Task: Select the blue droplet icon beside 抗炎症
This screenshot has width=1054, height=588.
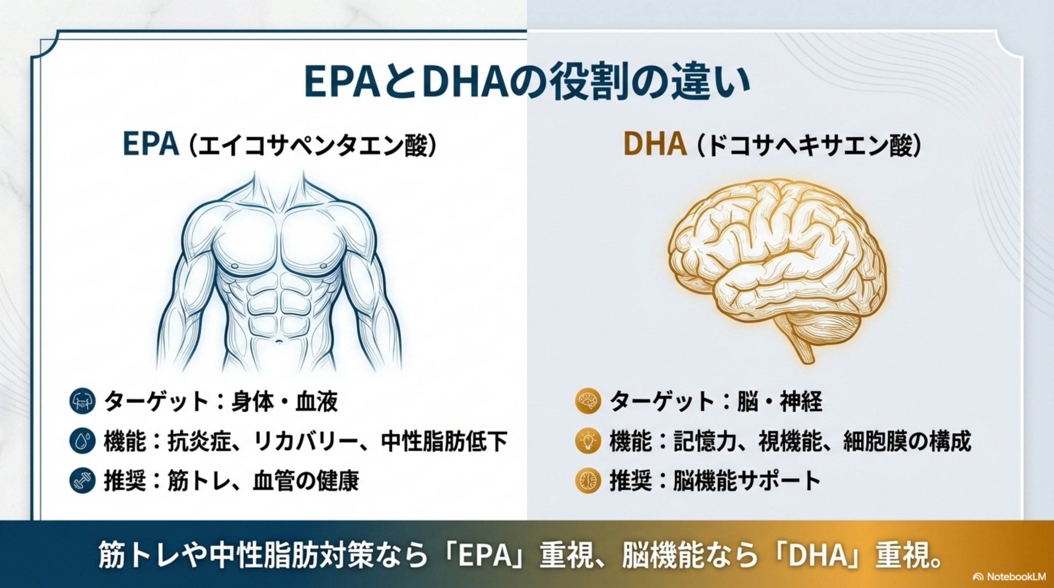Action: (83, 441)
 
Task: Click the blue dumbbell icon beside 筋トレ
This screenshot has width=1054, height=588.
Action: (83, 480)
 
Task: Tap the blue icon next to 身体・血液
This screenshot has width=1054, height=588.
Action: (83, 401)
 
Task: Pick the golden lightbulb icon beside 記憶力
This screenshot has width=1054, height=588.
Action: (588, 441)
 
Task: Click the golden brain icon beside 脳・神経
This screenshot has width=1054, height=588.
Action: (588, 401)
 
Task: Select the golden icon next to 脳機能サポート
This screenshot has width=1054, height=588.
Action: (588, 480)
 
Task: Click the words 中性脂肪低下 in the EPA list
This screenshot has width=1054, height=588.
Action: (444, 441)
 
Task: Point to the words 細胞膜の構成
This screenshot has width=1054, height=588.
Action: (907, 441)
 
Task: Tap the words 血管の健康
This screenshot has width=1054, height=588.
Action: (305, 481)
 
